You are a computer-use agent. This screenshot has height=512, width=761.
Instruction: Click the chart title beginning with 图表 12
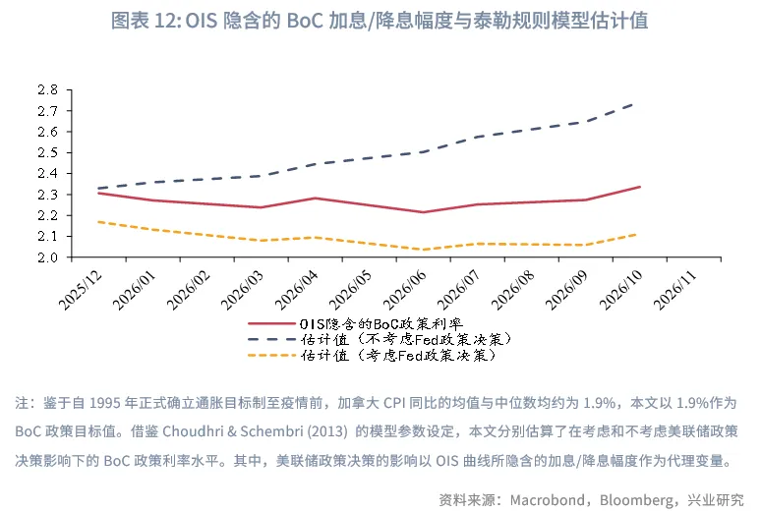tap(380, 20)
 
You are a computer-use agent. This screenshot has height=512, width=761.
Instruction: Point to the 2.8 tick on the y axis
tap(48, 89)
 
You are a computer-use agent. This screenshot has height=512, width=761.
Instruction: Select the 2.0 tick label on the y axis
tap(48, 257)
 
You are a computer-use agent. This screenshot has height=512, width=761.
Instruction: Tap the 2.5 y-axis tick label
tap(48, 152)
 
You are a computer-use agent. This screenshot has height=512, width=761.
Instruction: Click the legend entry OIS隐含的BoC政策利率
tap(379, 322)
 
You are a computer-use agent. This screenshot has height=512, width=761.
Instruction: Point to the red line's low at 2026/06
tap(424, 212)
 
